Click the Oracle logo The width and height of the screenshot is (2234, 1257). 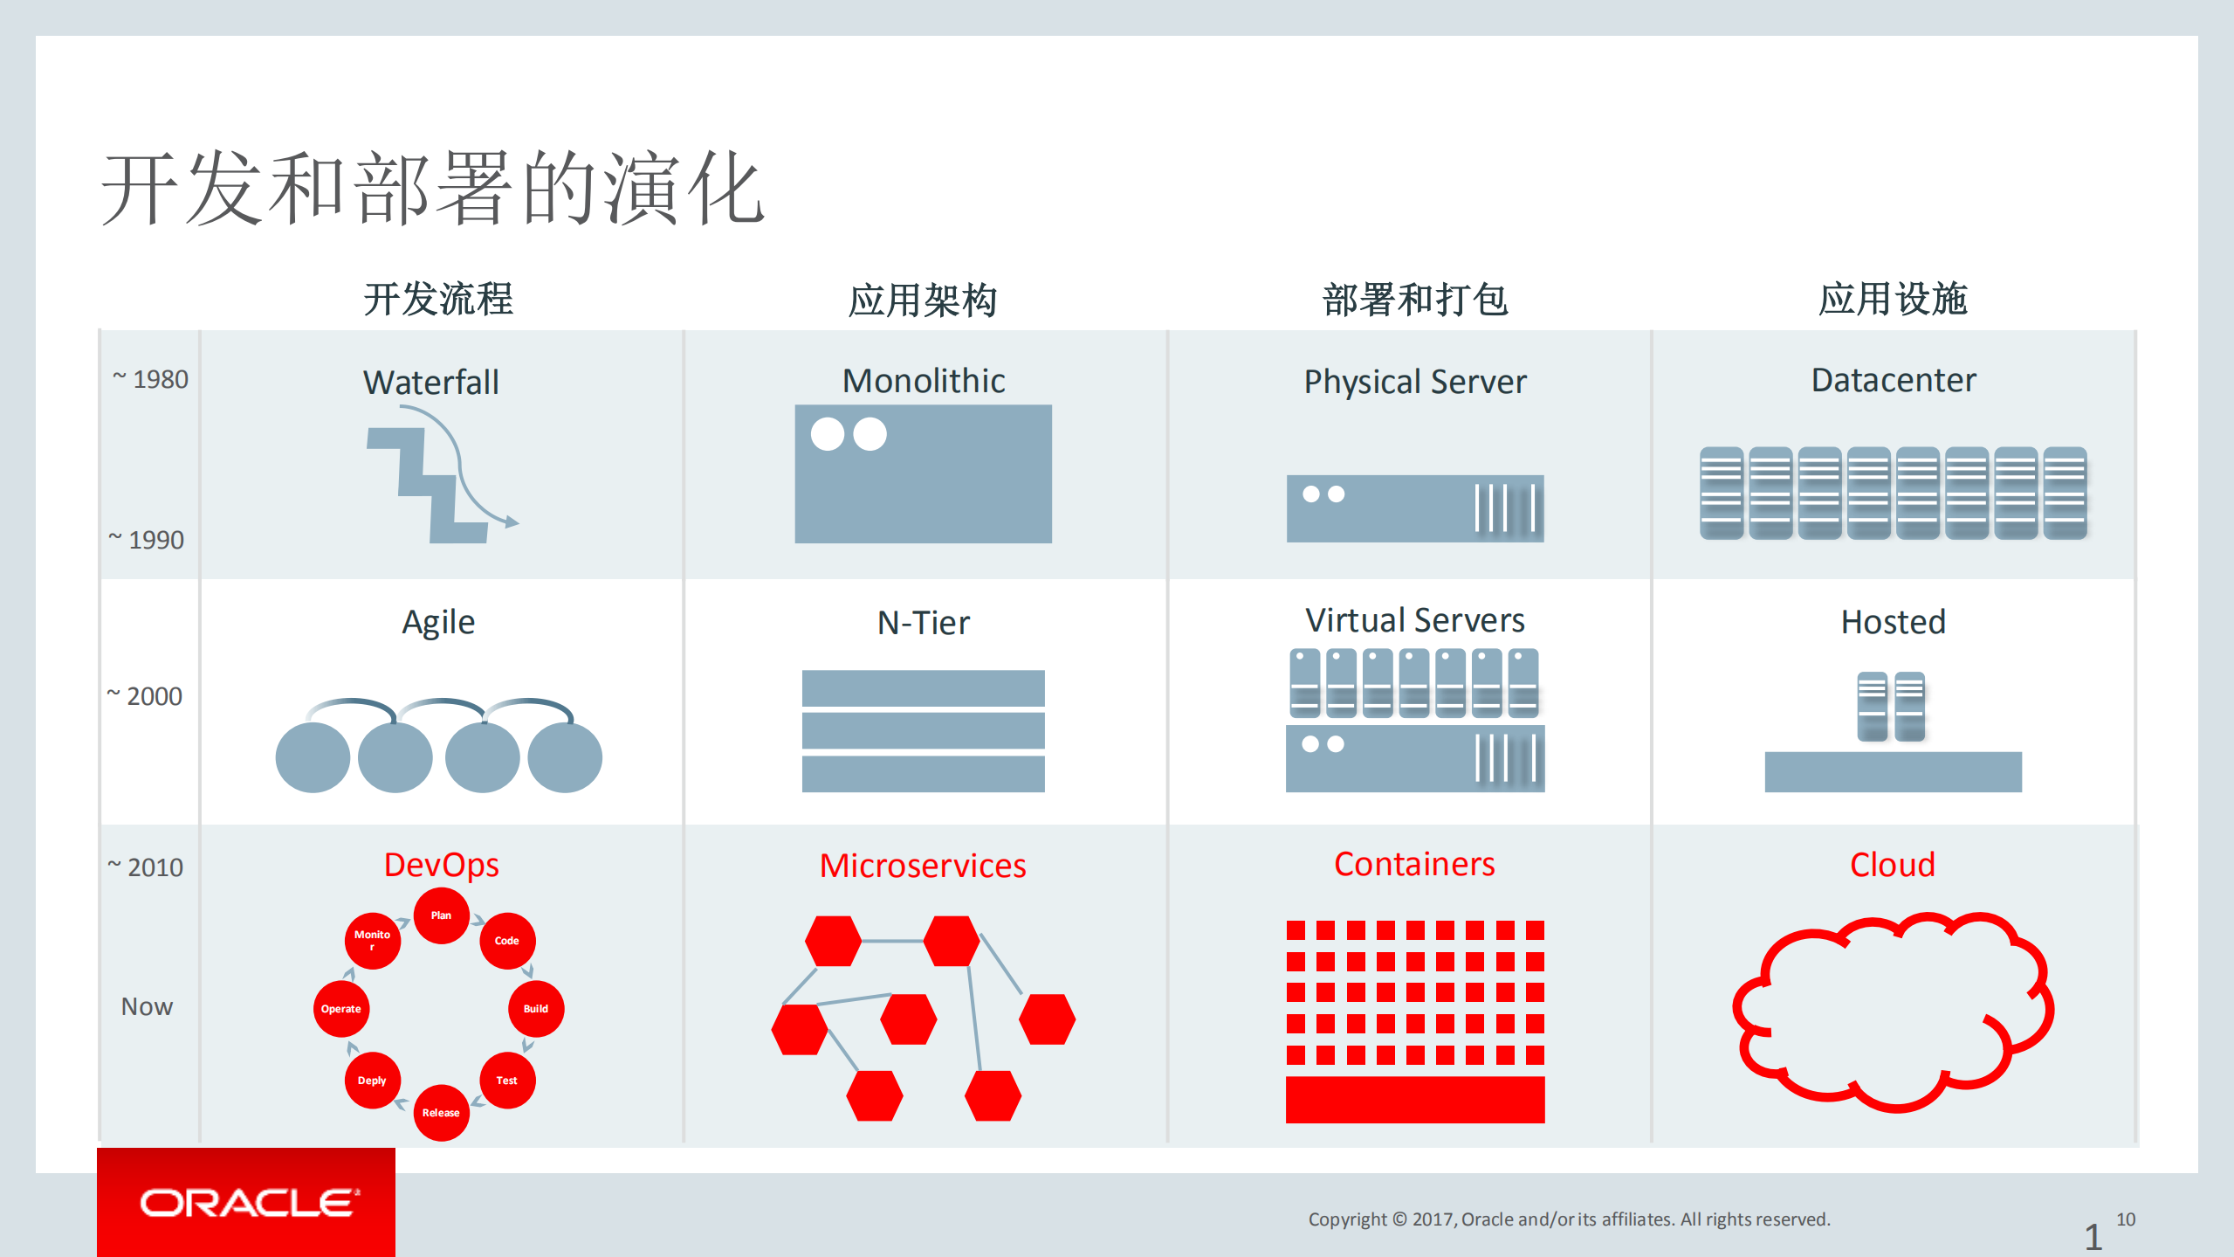click(247, 1203)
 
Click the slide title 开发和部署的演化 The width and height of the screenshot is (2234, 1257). click(432, 188)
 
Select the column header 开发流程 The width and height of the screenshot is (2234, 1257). click(438, 300)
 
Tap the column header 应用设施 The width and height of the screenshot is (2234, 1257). click(1892, 300)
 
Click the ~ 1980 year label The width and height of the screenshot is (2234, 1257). click(150, 379)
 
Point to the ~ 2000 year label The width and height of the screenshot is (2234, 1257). click(144, 696)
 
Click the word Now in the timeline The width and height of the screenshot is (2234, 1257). click(147, 1006)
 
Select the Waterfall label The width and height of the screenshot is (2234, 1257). click(431, 383)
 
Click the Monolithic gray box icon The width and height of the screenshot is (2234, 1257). click(923, 473)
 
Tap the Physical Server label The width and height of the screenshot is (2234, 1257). click(1414, 382)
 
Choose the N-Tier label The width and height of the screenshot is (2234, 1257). click(923, 623)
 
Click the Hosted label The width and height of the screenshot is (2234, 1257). click(1893, 622)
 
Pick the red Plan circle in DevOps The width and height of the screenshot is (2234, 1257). click(441, 915)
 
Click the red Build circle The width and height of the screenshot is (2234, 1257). click(535, 1008)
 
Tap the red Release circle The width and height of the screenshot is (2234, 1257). click(441, 1112)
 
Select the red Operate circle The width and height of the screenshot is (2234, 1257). click(340, 1008)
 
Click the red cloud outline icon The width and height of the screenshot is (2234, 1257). click(1892, 1013)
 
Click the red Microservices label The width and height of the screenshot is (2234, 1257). click(923, 866)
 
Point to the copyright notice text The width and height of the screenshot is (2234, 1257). click(1569, 1219)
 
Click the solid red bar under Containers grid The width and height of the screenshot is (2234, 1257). click(1414, 1100)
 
